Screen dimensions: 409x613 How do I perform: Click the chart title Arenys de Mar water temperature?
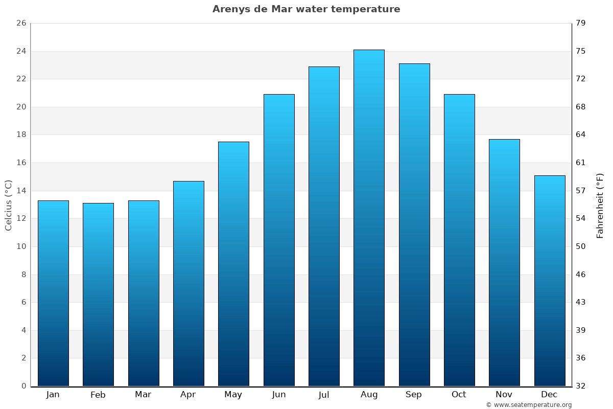[x=306, y=9]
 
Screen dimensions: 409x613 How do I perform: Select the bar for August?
[x=369, y=218]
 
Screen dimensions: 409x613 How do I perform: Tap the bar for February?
[x=98, y=294]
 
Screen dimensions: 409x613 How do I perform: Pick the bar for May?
[x=233, y=264]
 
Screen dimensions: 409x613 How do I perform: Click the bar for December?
[x=550, y=281]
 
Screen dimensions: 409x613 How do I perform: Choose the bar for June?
[x=279, y=240]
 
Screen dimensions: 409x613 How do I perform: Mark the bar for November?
[x=504, y=263]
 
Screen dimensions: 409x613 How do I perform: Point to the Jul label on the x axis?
[x=324, y=395]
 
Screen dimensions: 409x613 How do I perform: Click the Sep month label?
[x=414, y=395]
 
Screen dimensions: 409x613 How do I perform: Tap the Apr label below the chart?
[x=188, y=395]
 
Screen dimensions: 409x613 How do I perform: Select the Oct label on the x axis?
[x=459, y=395]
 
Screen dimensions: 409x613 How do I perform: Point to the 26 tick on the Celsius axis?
[x=21, y=24]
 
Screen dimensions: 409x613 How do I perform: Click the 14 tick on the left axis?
[x=21, y=191]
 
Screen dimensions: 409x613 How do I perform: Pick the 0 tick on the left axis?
[x=23, y=386]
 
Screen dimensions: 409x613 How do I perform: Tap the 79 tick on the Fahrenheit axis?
[x=581, y=24]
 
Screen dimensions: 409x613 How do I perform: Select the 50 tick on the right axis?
[x=581, y=246]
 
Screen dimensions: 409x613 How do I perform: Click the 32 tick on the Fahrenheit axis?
[x=581, y=386]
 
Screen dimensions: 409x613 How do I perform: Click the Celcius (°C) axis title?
[x=9, y=205]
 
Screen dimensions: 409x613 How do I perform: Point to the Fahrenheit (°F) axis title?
[x=600, y=205]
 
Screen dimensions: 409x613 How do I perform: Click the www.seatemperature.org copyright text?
[x=529, y=405]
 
